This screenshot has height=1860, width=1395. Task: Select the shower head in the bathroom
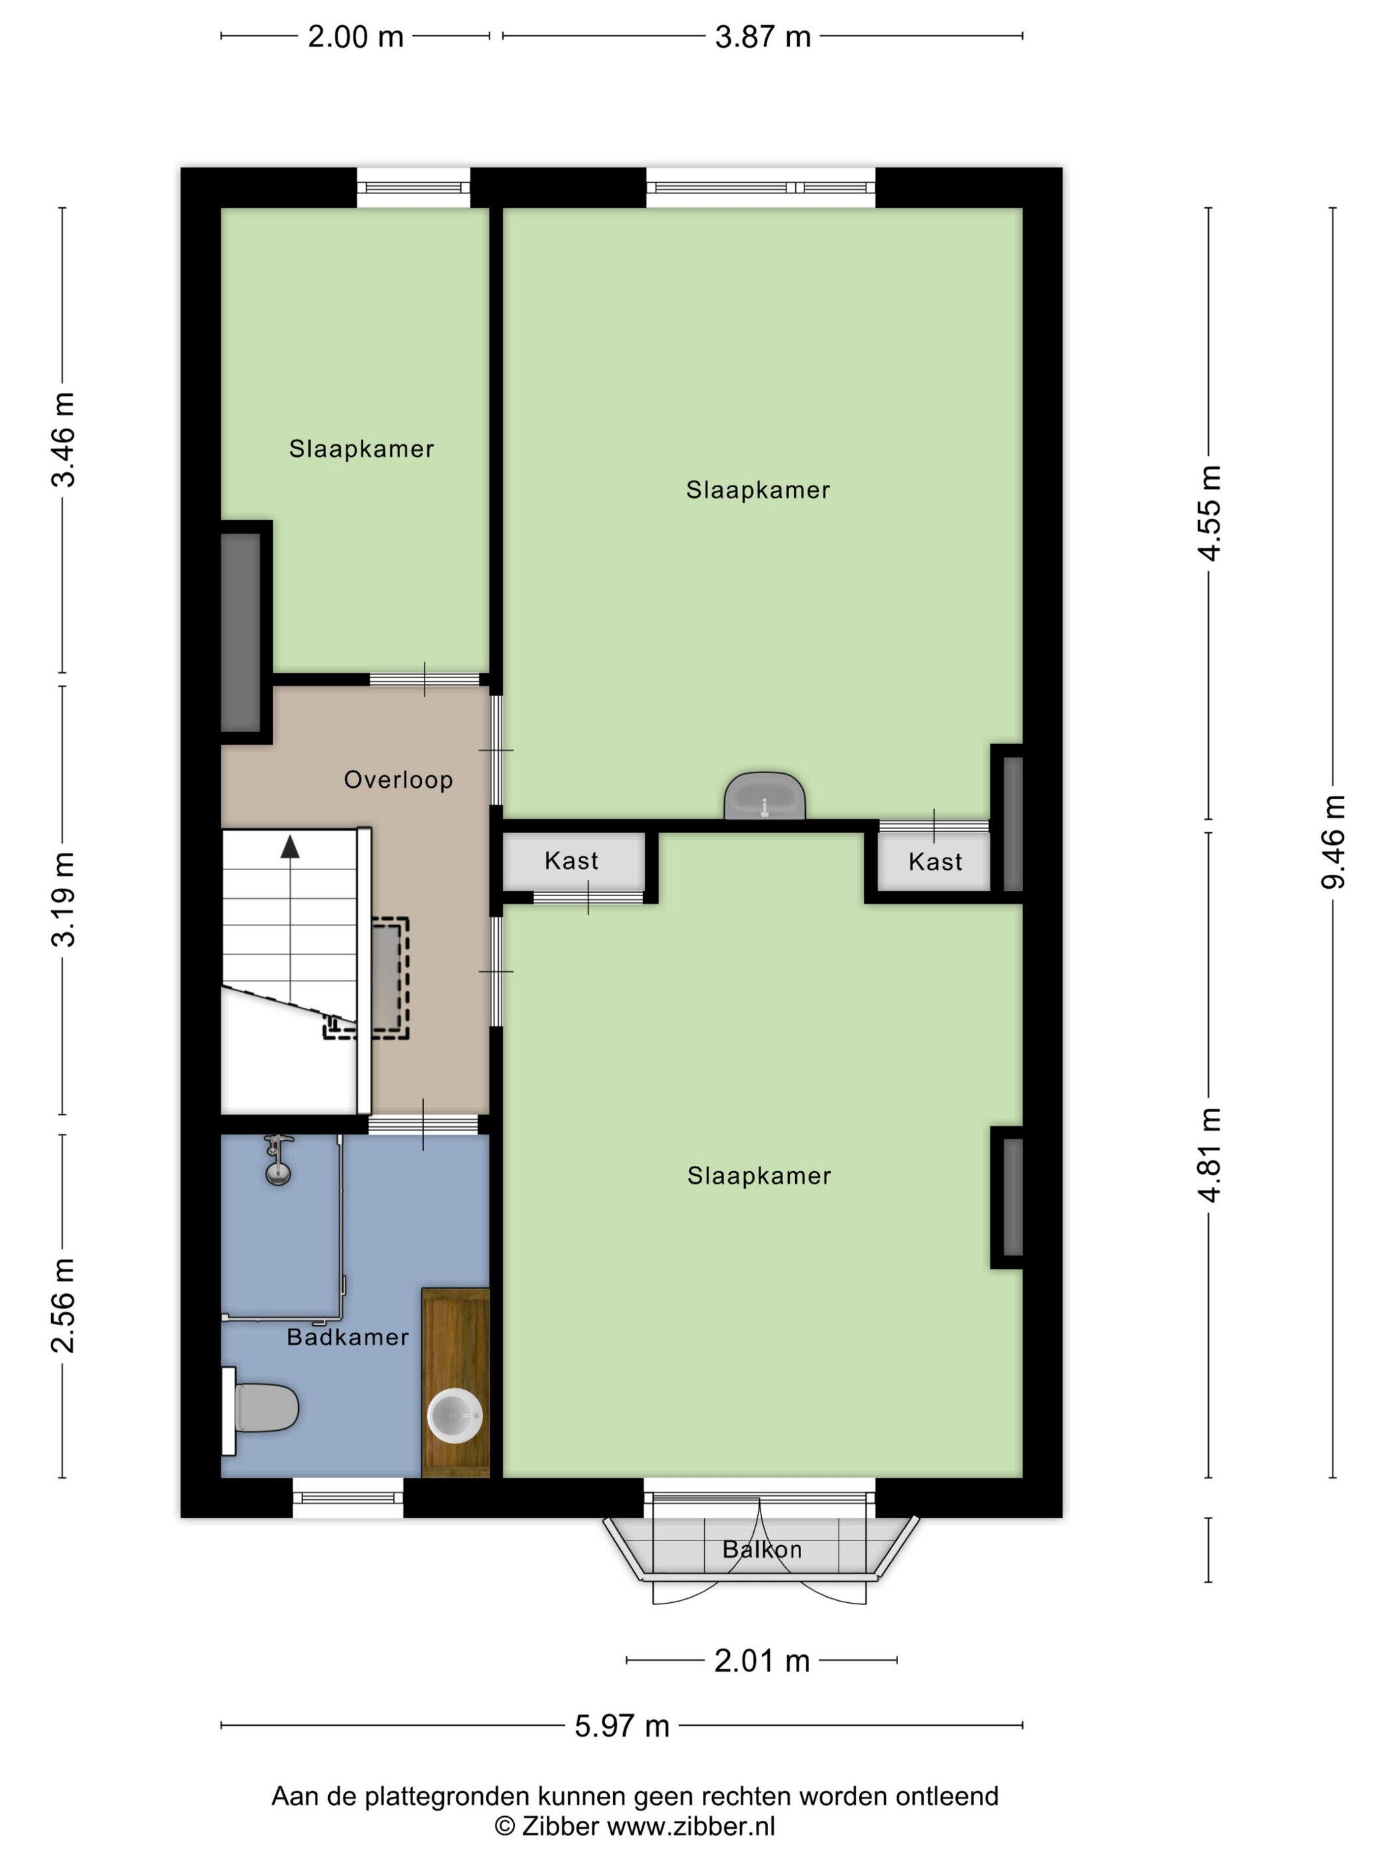pyautogui.click(x=278, y=1161)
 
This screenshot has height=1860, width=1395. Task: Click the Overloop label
pyautogui.click(x=399, y=781)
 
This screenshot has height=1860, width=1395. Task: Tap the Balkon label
pyautogui.click(x=762, y=1549)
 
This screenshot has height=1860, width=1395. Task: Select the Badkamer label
pyautogui.click(x=347, y=1337)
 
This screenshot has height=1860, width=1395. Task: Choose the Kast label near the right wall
pyautogui.click(x=935, y=861)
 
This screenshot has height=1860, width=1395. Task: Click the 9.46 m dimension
pyautogui.click(x=1333, y=841)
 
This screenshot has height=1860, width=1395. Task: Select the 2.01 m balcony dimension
pyautogui.click(x=762, y=1661)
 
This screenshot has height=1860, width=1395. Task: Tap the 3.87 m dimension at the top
pyautogui.click(x=763, y=36)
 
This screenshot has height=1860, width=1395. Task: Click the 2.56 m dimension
pyautogui.click(x=63, y=1305)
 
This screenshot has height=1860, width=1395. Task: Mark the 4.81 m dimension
pyautogui.click(x=1209, y=1155)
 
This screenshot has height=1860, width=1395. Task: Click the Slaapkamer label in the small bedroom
pyautogui.click(x=361, y=449)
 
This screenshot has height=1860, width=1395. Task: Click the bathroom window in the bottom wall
pyautogui.click(x=348, y=1497)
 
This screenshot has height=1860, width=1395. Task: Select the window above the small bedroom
pyautogui.click(x=414, y=187)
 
